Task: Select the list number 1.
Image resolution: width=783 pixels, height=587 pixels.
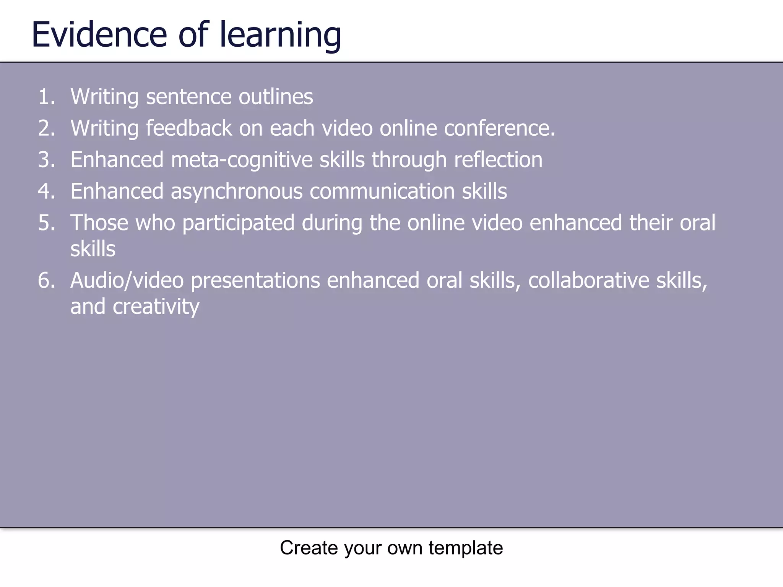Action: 47,96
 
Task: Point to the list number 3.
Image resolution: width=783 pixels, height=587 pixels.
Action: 47,159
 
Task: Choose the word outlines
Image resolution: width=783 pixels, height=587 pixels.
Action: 276,97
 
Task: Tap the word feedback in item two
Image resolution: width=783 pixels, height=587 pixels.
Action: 189,128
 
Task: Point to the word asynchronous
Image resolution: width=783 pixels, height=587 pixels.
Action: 237,191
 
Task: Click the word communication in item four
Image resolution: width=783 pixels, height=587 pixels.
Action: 382,191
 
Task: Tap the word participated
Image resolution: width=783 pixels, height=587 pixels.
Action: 238,223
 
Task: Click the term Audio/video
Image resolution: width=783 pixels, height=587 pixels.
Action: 127,281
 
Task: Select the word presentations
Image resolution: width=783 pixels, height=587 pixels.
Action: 255,281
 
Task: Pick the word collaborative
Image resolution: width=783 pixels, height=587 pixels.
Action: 589,281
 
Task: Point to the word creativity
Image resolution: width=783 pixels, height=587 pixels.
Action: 156,307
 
